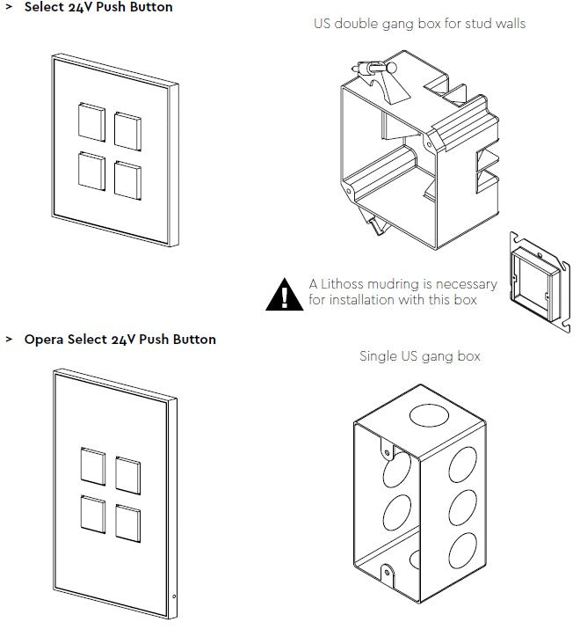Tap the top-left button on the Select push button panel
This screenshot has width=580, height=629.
[92, 121]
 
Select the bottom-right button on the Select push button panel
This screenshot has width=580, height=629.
[127, 178]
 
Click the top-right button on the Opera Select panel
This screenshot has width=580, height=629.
[128, 475]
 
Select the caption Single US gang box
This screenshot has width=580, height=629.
[420, 356]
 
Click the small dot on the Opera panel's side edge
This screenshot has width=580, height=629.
[174, 598]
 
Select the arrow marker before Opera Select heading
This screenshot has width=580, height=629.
[10, 340]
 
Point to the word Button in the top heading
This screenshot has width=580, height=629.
[150, 7]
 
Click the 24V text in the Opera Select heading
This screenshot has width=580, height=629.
[123, 340]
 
